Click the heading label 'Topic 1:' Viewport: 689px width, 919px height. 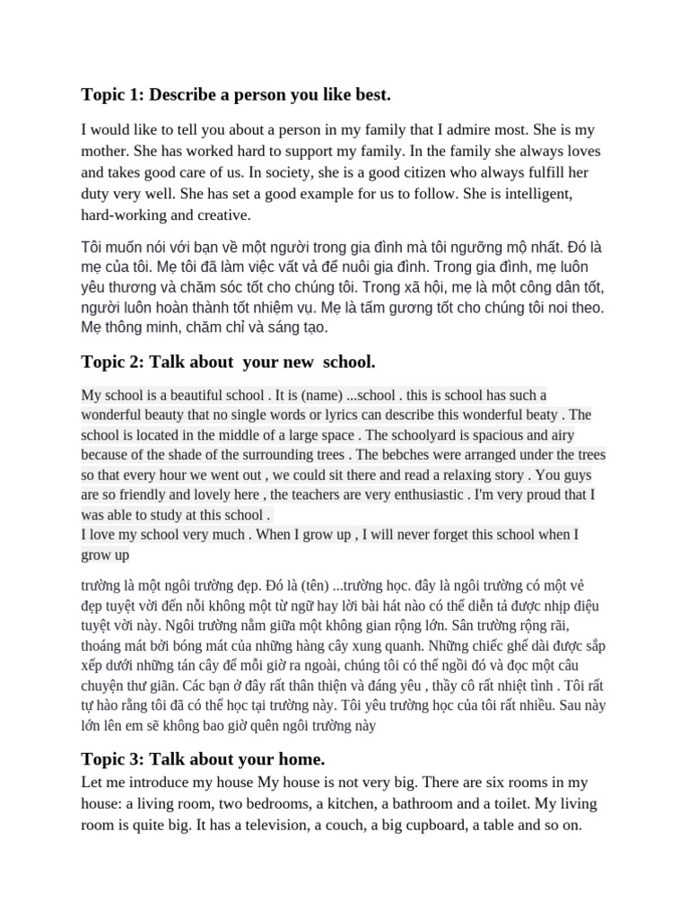click(113, 95)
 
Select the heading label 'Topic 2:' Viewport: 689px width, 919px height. click(113, 362)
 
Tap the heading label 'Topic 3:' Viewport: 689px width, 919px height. click(113, 758)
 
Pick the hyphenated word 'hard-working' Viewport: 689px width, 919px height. click(124, 214)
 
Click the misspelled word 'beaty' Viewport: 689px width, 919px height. click(537, 415)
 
